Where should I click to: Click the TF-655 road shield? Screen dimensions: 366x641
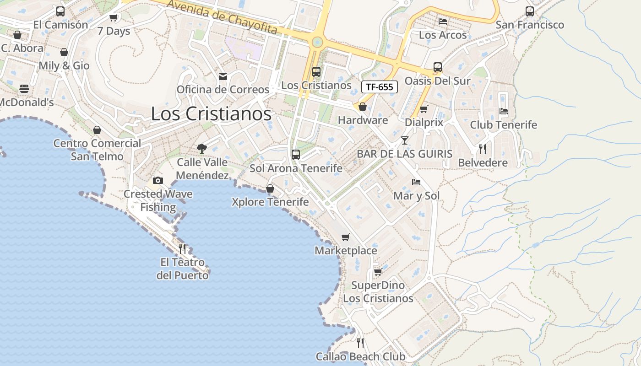380,87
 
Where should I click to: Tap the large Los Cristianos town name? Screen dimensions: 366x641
211,114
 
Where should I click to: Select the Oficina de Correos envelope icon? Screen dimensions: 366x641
223,76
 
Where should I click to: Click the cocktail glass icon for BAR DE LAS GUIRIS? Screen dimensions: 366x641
405,140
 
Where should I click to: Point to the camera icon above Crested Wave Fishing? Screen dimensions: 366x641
158,180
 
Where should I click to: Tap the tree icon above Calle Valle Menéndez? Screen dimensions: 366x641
201,148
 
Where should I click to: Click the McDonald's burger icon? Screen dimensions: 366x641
24,89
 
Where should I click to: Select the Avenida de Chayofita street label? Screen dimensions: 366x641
222,17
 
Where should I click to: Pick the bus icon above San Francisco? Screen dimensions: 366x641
530,11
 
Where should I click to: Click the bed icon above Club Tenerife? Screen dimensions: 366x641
504,111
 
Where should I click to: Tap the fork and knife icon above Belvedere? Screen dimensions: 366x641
483,149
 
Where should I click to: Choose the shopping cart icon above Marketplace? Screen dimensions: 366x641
346,237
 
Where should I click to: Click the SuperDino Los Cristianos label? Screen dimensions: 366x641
378,292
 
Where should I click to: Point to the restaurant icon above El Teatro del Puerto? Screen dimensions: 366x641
182,248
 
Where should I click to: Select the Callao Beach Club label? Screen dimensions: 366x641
360,356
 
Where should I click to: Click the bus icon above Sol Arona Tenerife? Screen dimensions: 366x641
296,155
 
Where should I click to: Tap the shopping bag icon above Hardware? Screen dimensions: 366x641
363,107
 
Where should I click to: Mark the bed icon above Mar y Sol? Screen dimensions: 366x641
416,182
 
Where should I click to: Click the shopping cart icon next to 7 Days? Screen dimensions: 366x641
113,18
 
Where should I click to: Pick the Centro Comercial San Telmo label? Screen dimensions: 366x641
97,150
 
